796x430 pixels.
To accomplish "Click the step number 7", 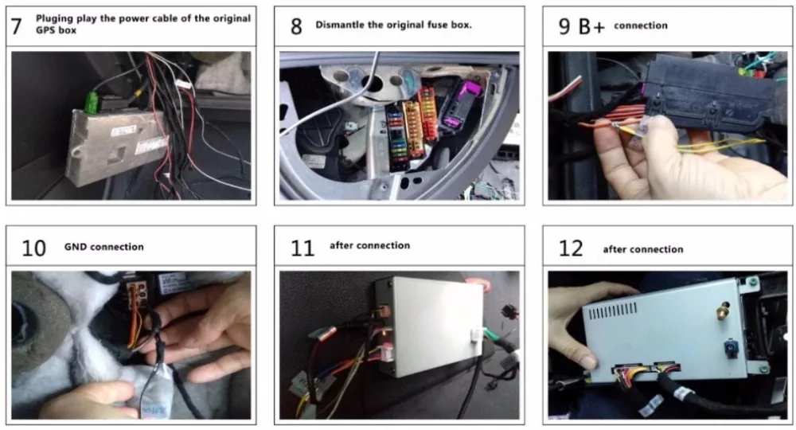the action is [16, 26].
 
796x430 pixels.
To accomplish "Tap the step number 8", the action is [296, 26].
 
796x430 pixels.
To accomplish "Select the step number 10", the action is [33, 248].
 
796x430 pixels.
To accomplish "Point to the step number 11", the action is [302, 248].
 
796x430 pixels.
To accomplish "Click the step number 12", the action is [571, 248].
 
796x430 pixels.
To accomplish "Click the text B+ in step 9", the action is [591, 26].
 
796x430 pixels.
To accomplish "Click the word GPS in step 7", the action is [44, 30].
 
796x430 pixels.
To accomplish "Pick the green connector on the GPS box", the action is [92, 102].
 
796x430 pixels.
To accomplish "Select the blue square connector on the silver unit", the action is [731, 348].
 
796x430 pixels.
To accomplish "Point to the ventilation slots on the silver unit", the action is [613, 311].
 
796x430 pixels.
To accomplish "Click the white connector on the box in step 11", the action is [477, 335].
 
